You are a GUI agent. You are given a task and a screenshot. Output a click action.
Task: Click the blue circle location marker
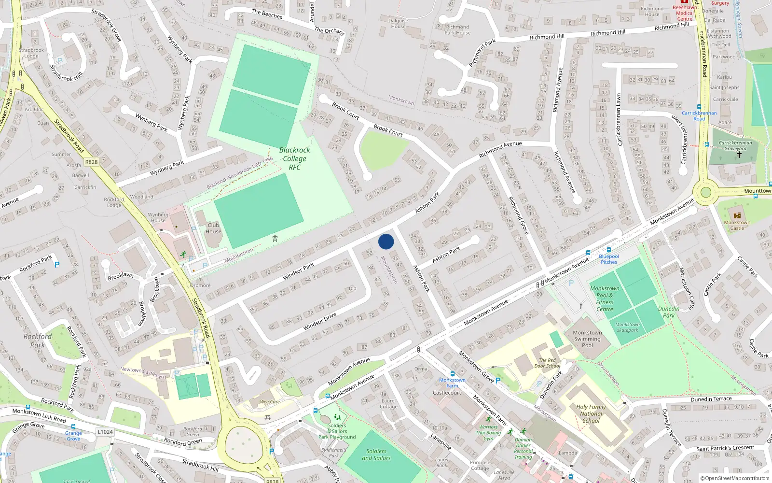coord(386,241)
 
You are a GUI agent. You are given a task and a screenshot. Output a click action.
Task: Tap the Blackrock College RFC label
coord(294,158)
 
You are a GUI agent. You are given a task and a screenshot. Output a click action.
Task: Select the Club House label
coord(213,228)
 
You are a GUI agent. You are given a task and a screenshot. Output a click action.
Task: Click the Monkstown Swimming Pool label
coord(587,339)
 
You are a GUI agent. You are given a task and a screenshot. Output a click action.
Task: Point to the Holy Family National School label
coord(591,413)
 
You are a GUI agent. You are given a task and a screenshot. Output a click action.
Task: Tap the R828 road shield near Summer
coord(91,162)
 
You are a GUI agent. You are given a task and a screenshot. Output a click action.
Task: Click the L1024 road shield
coord(105,432)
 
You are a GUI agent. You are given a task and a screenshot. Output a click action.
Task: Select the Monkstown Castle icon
coord(737,215)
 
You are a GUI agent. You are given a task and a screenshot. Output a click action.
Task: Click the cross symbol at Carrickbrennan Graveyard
coord(739,155)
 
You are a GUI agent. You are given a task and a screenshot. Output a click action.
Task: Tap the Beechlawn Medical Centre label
coord(685,13)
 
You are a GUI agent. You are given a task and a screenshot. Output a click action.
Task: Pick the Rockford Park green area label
coord(38,341)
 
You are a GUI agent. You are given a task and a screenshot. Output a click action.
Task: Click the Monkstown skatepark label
coord(628,327)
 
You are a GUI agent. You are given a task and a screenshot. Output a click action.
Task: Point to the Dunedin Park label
coord(669,312)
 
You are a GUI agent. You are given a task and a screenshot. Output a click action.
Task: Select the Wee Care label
coord(270,402)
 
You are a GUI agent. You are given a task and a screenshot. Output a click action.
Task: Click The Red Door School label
coord(547,363)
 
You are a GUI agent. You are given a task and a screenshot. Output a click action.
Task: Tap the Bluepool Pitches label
coord(609,259)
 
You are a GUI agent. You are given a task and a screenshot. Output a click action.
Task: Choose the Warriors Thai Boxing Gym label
coord(488,433)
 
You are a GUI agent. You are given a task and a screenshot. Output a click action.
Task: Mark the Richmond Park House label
coord(457,30)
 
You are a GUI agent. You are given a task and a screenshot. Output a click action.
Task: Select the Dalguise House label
coord(398,23)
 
